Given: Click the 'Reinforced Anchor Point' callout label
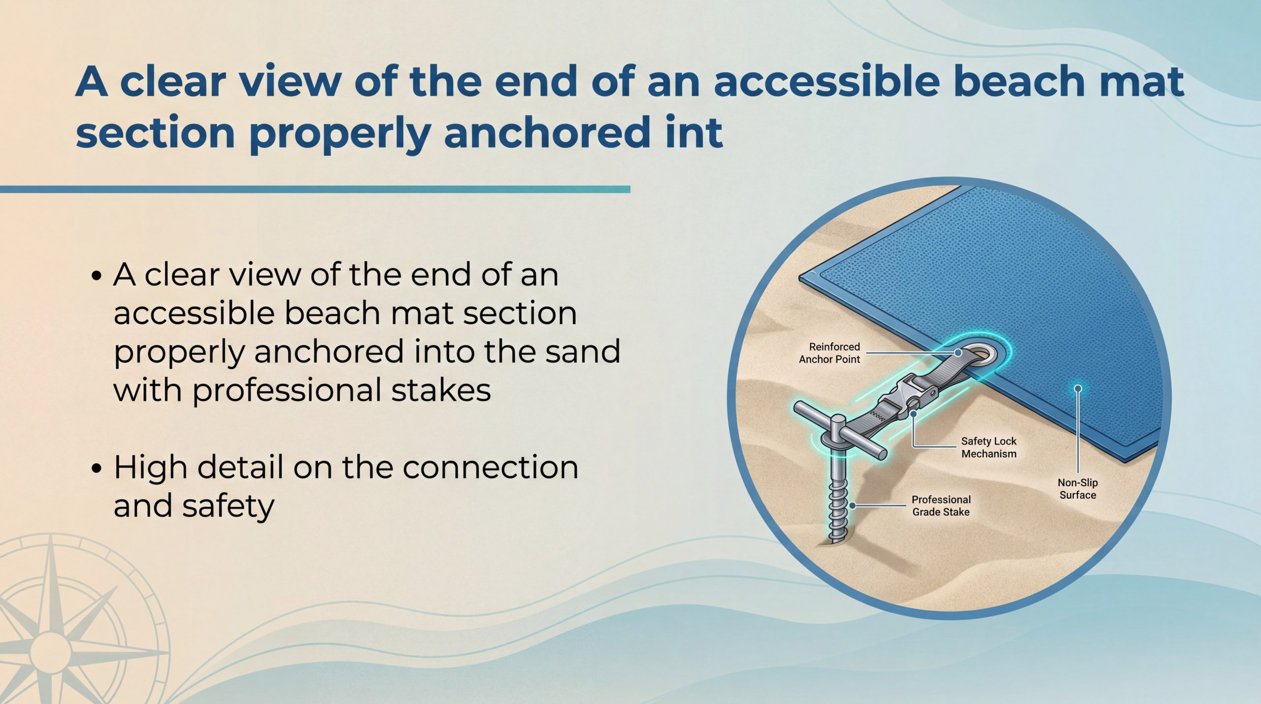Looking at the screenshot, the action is [x=830, y=353].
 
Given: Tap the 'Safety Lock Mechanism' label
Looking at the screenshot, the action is [x=989, y=447].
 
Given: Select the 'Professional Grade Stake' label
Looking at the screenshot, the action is [x=941, y=505].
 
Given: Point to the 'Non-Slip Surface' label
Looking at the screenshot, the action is [x=1078, y=489].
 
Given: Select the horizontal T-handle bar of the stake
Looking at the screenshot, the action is [x=840, y=428].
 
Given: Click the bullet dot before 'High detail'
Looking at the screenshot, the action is [x=97, y=468].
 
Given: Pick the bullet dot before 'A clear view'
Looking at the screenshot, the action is [x=97, y=275].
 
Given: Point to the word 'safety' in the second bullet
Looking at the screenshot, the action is [x=229, y=506].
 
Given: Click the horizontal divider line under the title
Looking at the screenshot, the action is [x=315, y=189].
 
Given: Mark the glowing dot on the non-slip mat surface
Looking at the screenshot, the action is [x=1078, y=389].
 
